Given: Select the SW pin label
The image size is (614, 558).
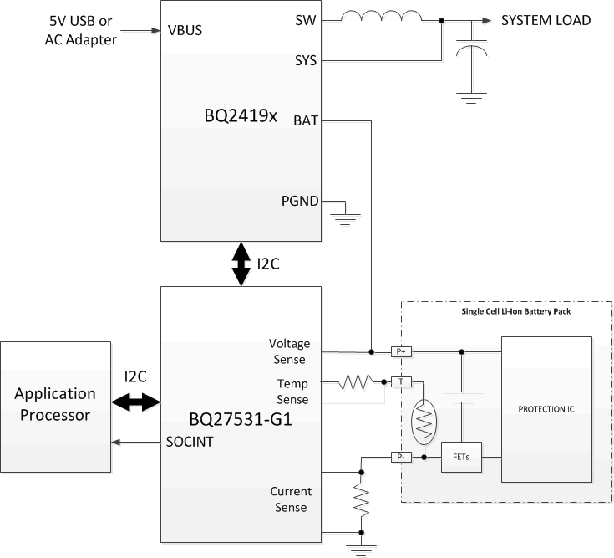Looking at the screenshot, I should pos(306,20).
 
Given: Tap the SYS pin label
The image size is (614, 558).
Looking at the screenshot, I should pos(305,61).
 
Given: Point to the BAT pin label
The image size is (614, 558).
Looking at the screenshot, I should pos(304,121).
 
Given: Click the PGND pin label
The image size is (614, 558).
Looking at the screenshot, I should pos(299,200).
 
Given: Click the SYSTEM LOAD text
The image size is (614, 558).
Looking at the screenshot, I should pos(545,20).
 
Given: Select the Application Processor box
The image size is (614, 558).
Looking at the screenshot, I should pos(55,403).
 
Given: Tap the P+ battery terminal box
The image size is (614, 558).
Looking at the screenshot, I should pos(401,351).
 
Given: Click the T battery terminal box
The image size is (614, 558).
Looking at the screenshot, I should pos(401,382).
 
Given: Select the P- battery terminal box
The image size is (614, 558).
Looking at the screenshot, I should pos(401,457).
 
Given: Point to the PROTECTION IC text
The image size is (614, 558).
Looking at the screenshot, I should pos(545,409).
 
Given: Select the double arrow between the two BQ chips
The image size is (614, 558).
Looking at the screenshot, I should pos(241,264).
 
